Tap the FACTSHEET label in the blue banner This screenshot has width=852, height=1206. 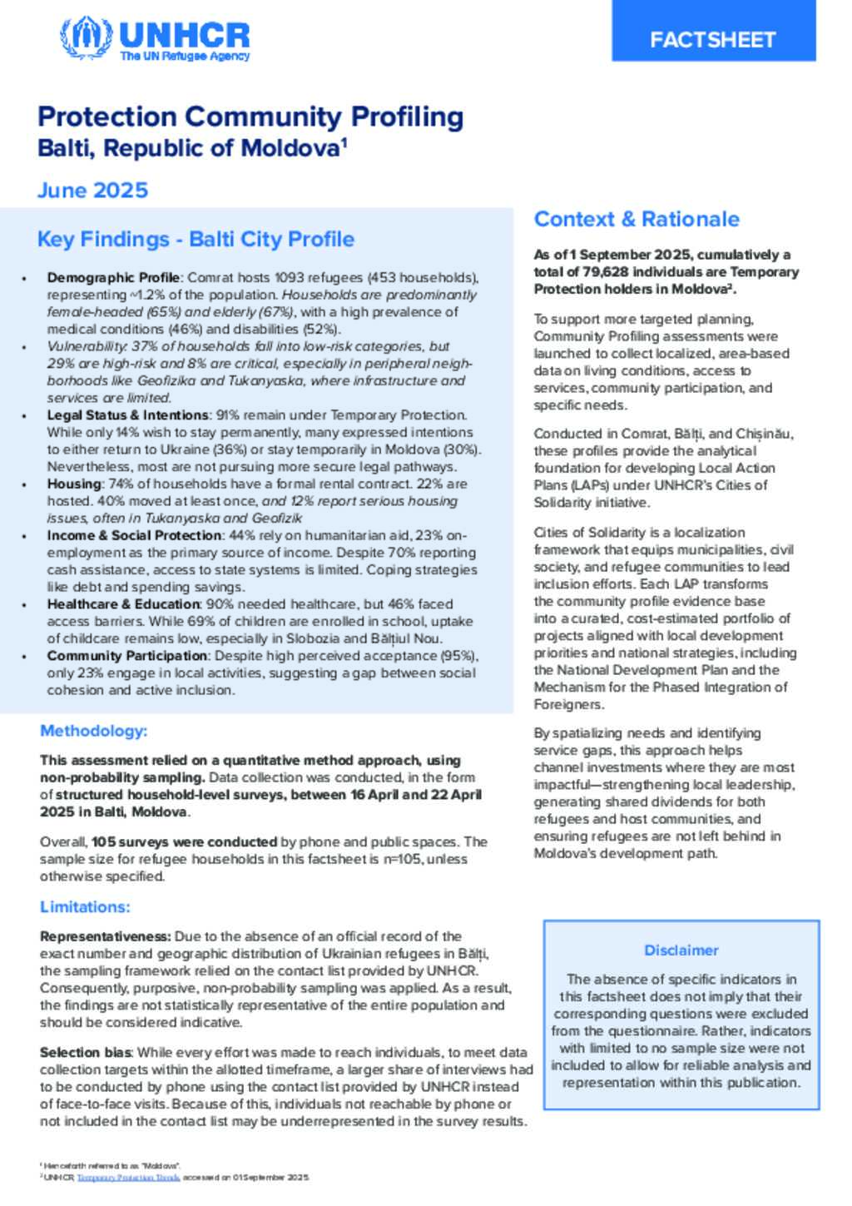point(712,40)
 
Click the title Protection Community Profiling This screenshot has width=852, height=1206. point(250,117)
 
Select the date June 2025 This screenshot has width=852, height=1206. point(92,191)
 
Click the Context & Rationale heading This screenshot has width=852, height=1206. point(637,219)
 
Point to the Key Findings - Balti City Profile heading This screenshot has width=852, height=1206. point(196,240)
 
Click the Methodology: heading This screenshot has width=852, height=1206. point(93,731)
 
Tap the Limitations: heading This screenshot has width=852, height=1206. point(85,906)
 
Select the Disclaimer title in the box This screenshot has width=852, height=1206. point(681,950)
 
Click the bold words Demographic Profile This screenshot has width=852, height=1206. point(113,278)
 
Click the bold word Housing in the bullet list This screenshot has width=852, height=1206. point(74,484)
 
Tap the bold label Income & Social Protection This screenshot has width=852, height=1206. point(134,535)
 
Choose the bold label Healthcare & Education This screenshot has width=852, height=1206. point(123,604)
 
